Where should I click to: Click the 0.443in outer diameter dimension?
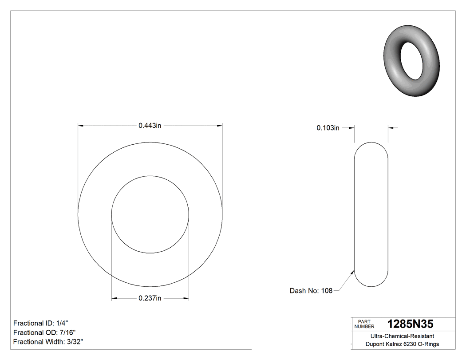(150, 126)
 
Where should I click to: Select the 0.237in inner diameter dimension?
(150, 298)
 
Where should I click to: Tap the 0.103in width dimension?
(328, 128)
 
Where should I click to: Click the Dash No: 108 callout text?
(311, 291)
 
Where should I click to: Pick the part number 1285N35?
(410, 324)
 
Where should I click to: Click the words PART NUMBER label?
(364, 324)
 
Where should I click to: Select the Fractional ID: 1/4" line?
(41, 323)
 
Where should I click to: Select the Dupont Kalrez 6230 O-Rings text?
(402, 344)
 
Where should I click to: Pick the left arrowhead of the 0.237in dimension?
(115, 298)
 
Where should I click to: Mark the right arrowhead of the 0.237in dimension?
(186, 298)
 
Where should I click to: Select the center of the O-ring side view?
(371, 214)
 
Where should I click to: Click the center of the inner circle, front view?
(150, 214)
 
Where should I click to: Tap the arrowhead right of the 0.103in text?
(351, 128)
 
